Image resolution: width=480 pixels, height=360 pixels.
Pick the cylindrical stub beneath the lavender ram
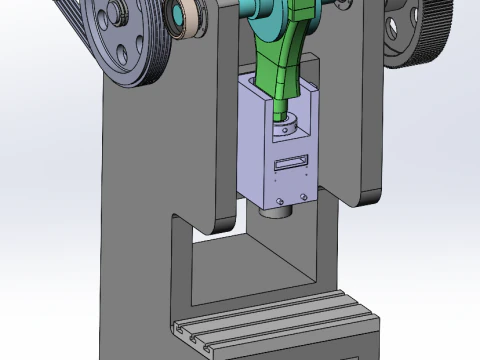[x=273, y=211]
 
